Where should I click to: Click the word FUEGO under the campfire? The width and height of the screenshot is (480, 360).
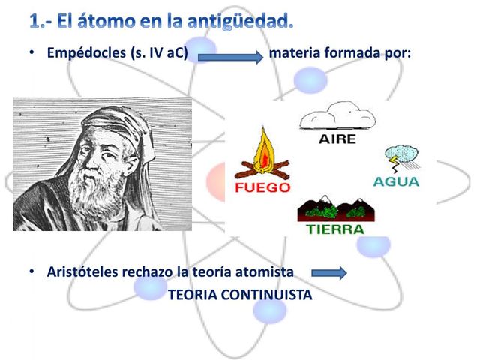(262, 187)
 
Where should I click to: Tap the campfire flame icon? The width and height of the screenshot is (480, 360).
(262, 154)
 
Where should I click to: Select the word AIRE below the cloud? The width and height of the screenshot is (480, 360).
(337, 139)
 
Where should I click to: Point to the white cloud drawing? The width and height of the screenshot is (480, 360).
(337, 117)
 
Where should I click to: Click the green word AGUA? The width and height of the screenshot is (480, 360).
(397, 181)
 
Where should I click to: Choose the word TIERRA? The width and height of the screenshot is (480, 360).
(335, 229)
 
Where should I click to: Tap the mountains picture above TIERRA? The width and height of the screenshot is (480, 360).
(334, 208)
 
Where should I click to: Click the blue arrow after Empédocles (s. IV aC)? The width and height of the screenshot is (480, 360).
(230, 55)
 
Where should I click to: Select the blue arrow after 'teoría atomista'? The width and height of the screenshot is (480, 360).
(328, 272)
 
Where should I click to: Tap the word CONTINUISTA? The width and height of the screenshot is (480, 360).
(265, 295)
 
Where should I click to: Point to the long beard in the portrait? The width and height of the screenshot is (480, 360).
(94, 199)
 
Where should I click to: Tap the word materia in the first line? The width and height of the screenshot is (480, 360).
(295, 54)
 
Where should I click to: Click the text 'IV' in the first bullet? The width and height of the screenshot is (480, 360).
(154, 54)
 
